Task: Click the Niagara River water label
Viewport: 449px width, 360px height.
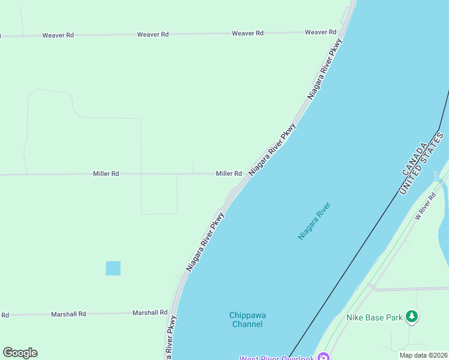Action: coord(315,221)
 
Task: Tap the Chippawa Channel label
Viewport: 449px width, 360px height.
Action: coord(246,319)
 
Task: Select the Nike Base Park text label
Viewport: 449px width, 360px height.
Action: coord(374,317)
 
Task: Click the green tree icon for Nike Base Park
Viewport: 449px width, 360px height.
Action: coord(411,316)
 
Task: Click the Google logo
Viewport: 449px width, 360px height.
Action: coord(20,353)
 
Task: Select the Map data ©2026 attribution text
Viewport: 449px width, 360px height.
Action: coord(423,355)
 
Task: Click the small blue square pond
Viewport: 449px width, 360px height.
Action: coord(113,268)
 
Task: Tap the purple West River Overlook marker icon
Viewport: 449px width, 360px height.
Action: coord(324,358)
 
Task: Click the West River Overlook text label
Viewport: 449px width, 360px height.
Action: coord(277,358)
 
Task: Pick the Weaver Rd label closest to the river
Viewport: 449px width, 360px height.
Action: coord(320,32)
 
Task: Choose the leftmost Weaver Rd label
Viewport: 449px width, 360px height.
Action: coord(58,35)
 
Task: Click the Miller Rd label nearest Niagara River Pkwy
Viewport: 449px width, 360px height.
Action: coord(229,173)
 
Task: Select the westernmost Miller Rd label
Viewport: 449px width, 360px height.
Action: coord(106,173)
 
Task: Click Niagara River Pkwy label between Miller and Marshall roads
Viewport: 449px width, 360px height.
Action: coord(205,241)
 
